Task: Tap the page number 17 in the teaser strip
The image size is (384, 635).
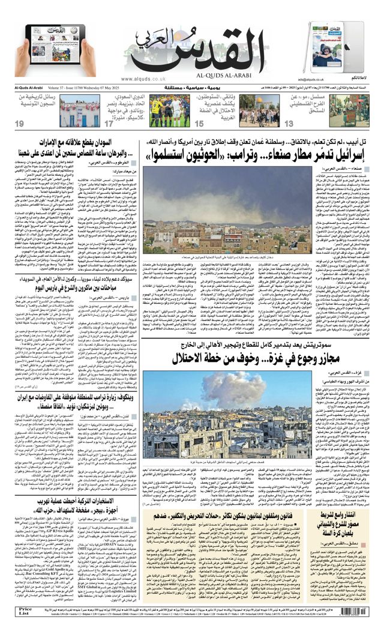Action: [x=109, y=124]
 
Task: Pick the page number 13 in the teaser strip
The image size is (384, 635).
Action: [x=289, y=124]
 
